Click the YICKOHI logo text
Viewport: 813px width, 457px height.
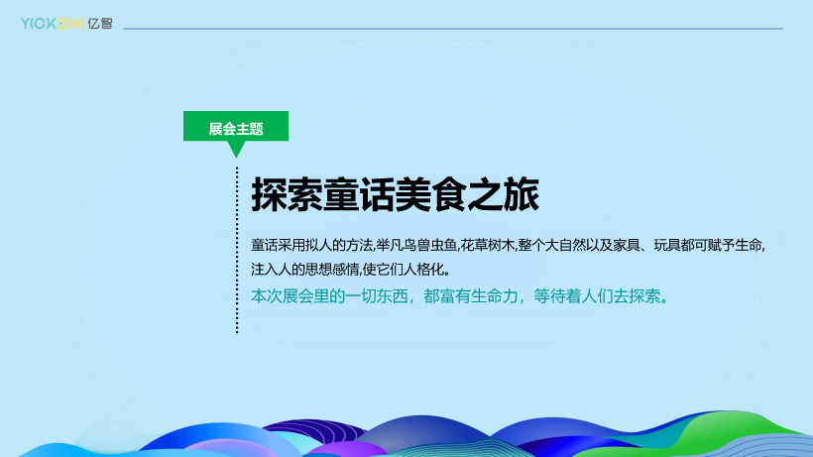point(53,24)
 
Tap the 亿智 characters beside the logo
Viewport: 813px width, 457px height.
point(99,24)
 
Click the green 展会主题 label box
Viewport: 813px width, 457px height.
point(236,126)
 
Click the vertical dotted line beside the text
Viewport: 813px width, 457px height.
point(237,250)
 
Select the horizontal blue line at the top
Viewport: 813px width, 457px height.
point(453,29)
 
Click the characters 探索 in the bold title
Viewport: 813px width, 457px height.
point(287,195)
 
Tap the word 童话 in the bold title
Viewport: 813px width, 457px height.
point(359,195)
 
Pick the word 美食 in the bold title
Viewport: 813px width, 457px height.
point(431,195)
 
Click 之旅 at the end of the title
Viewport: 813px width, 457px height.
point(504,195)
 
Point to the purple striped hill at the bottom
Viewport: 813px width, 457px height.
point(313,432)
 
